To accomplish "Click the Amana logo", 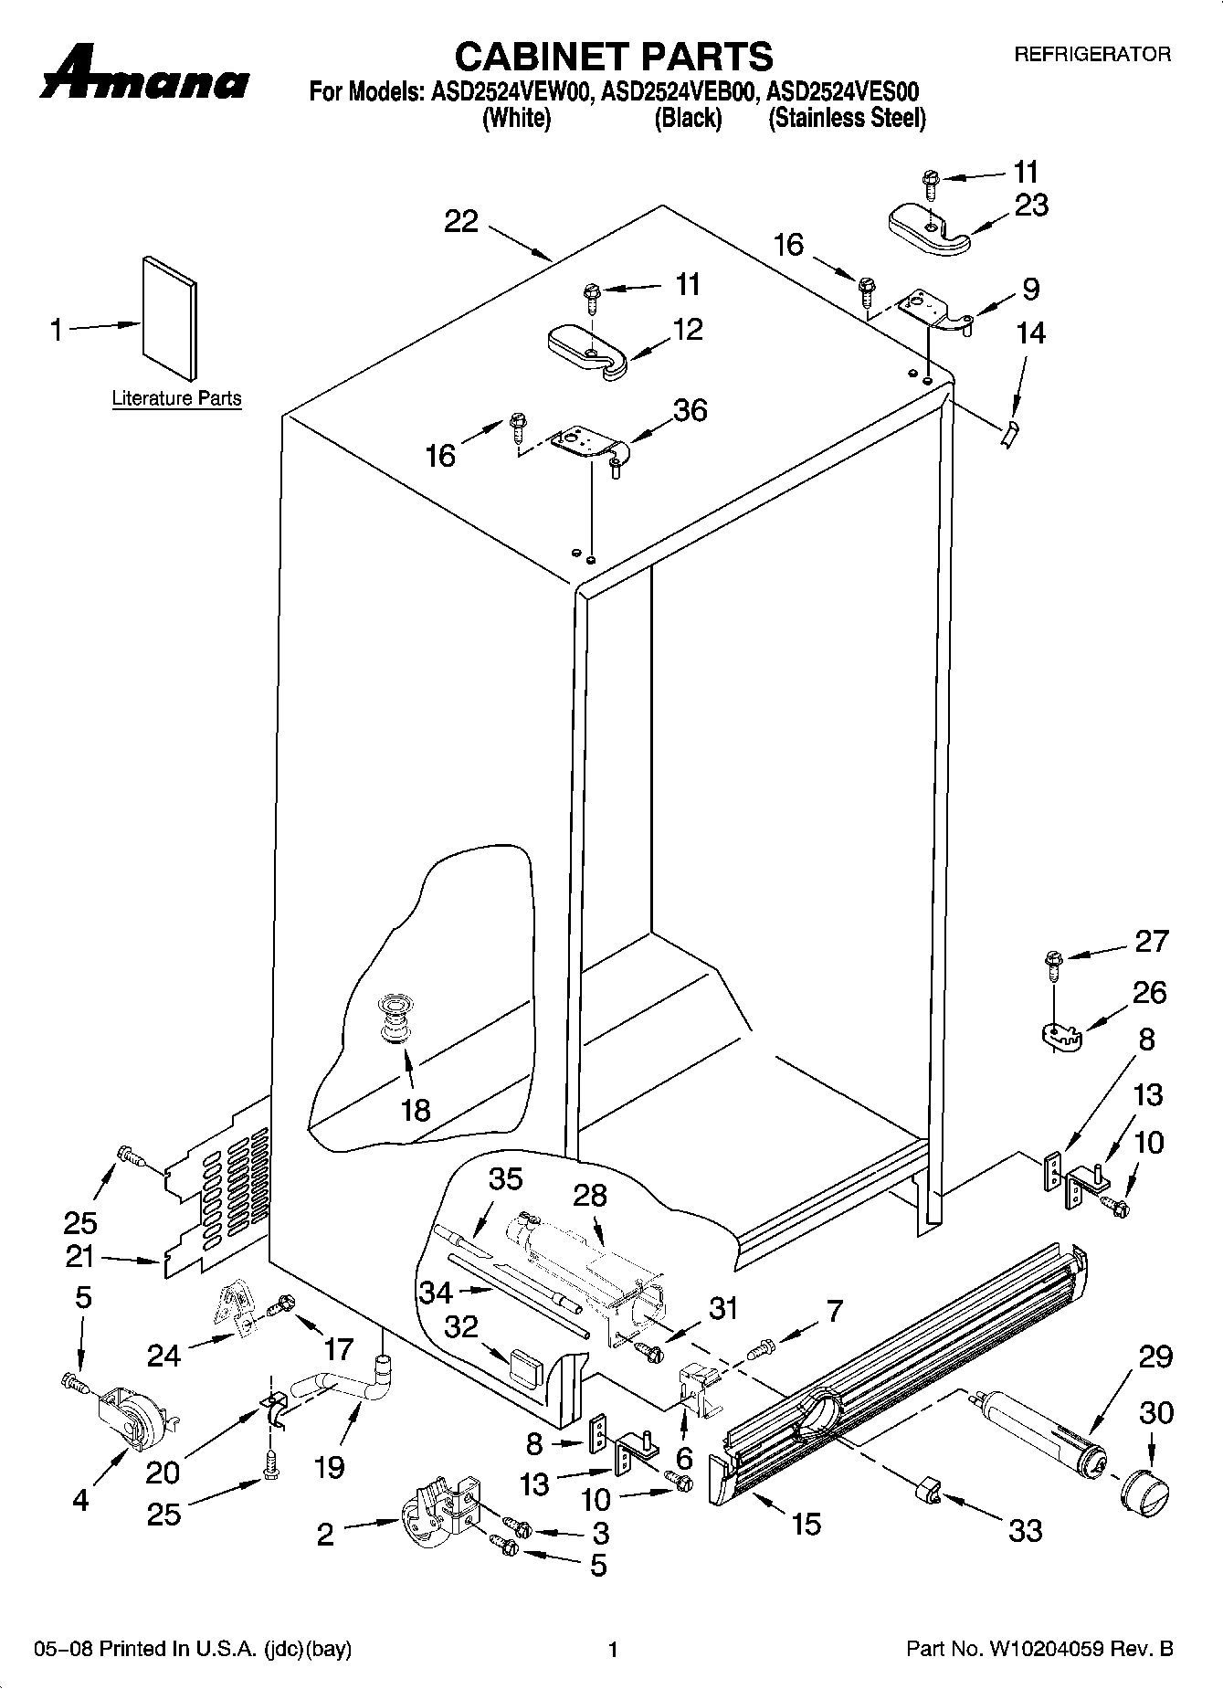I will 144,75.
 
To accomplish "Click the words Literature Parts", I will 176,398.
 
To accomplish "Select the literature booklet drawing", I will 169,319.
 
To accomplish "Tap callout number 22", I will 461,221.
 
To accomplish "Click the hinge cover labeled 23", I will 928,228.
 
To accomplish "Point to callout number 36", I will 690,410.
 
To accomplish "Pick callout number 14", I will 1030,333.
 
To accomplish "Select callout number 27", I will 1150,941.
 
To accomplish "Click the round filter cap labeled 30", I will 1144,1493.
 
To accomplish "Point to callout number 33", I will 1025,1529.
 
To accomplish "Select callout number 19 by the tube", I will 329,1467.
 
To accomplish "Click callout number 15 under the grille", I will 807,1523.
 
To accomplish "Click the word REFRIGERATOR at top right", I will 1092,54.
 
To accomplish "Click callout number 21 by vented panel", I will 80,1257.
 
